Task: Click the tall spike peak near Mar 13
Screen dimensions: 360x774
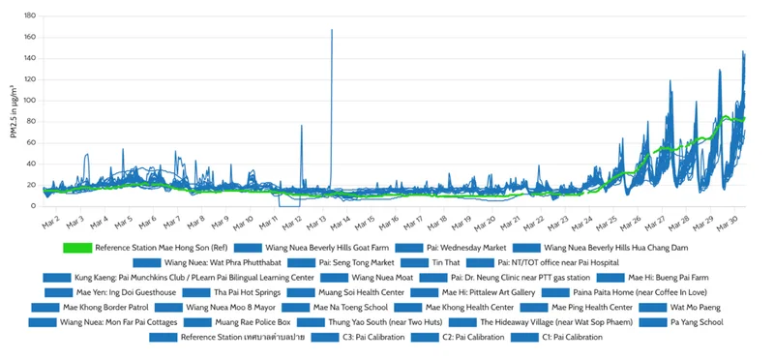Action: [332, 30]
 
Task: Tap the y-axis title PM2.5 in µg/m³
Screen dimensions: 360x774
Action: [13, 111]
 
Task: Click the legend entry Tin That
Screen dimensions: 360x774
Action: [446, 262]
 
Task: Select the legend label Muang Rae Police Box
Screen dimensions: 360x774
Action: [250, 322]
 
